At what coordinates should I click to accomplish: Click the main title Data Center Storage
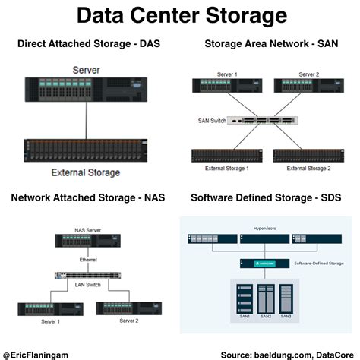(180, 15)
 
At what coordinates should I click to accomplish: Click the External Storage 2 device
(302, 156)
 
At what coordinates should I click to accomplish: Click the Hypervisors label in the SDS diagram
(264, 226)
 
